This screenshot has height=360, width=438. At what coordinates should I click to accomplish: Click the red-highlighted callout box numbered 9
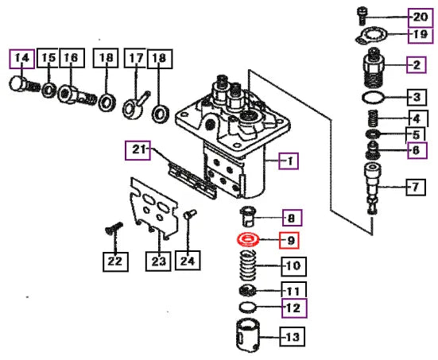(289, 240)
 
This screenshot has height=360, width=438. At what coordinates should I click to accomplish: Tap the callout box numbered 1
(289, 161)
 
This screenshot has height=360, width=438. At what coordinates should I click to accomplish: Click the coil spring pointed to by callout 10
(248, 265)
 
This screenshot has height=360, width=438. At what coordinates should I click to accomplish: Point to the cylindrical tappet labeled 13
(247, 335)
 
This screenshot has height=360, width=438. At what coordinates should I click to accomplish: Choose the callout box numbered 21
(138, 150)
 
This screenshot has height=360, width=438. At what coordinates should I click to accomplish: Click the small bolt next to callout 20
(362, 15)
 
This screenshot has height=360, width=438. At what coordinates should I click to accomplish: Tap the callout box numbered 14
(22, 59)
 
